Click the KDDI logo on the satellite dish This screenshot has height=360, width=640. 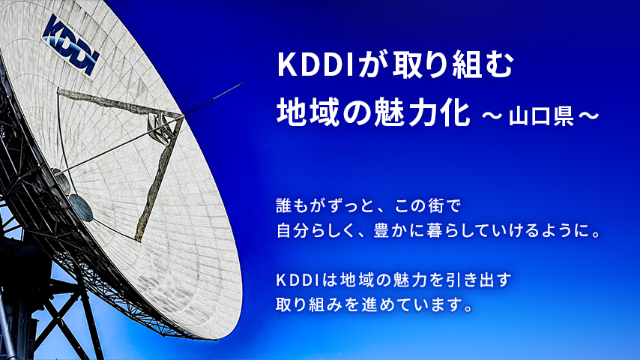[x=71, y=45]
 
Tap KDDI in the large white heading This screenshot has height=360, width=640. [x=316, y=64]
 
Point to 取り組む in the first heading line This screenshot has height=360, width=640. [x=453, y=64]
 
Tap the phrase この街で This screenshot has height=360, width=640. [x=427, y=205]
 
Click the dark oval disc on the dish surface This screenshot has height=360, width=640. [x=81, y=208]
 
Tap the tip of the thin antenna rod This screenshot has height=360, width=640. [x=242, y=84]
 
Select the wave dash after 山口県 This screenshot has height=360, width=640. [x=589, y=117]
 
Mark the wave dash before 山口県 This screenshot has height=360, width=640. [x=492, y=117]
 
